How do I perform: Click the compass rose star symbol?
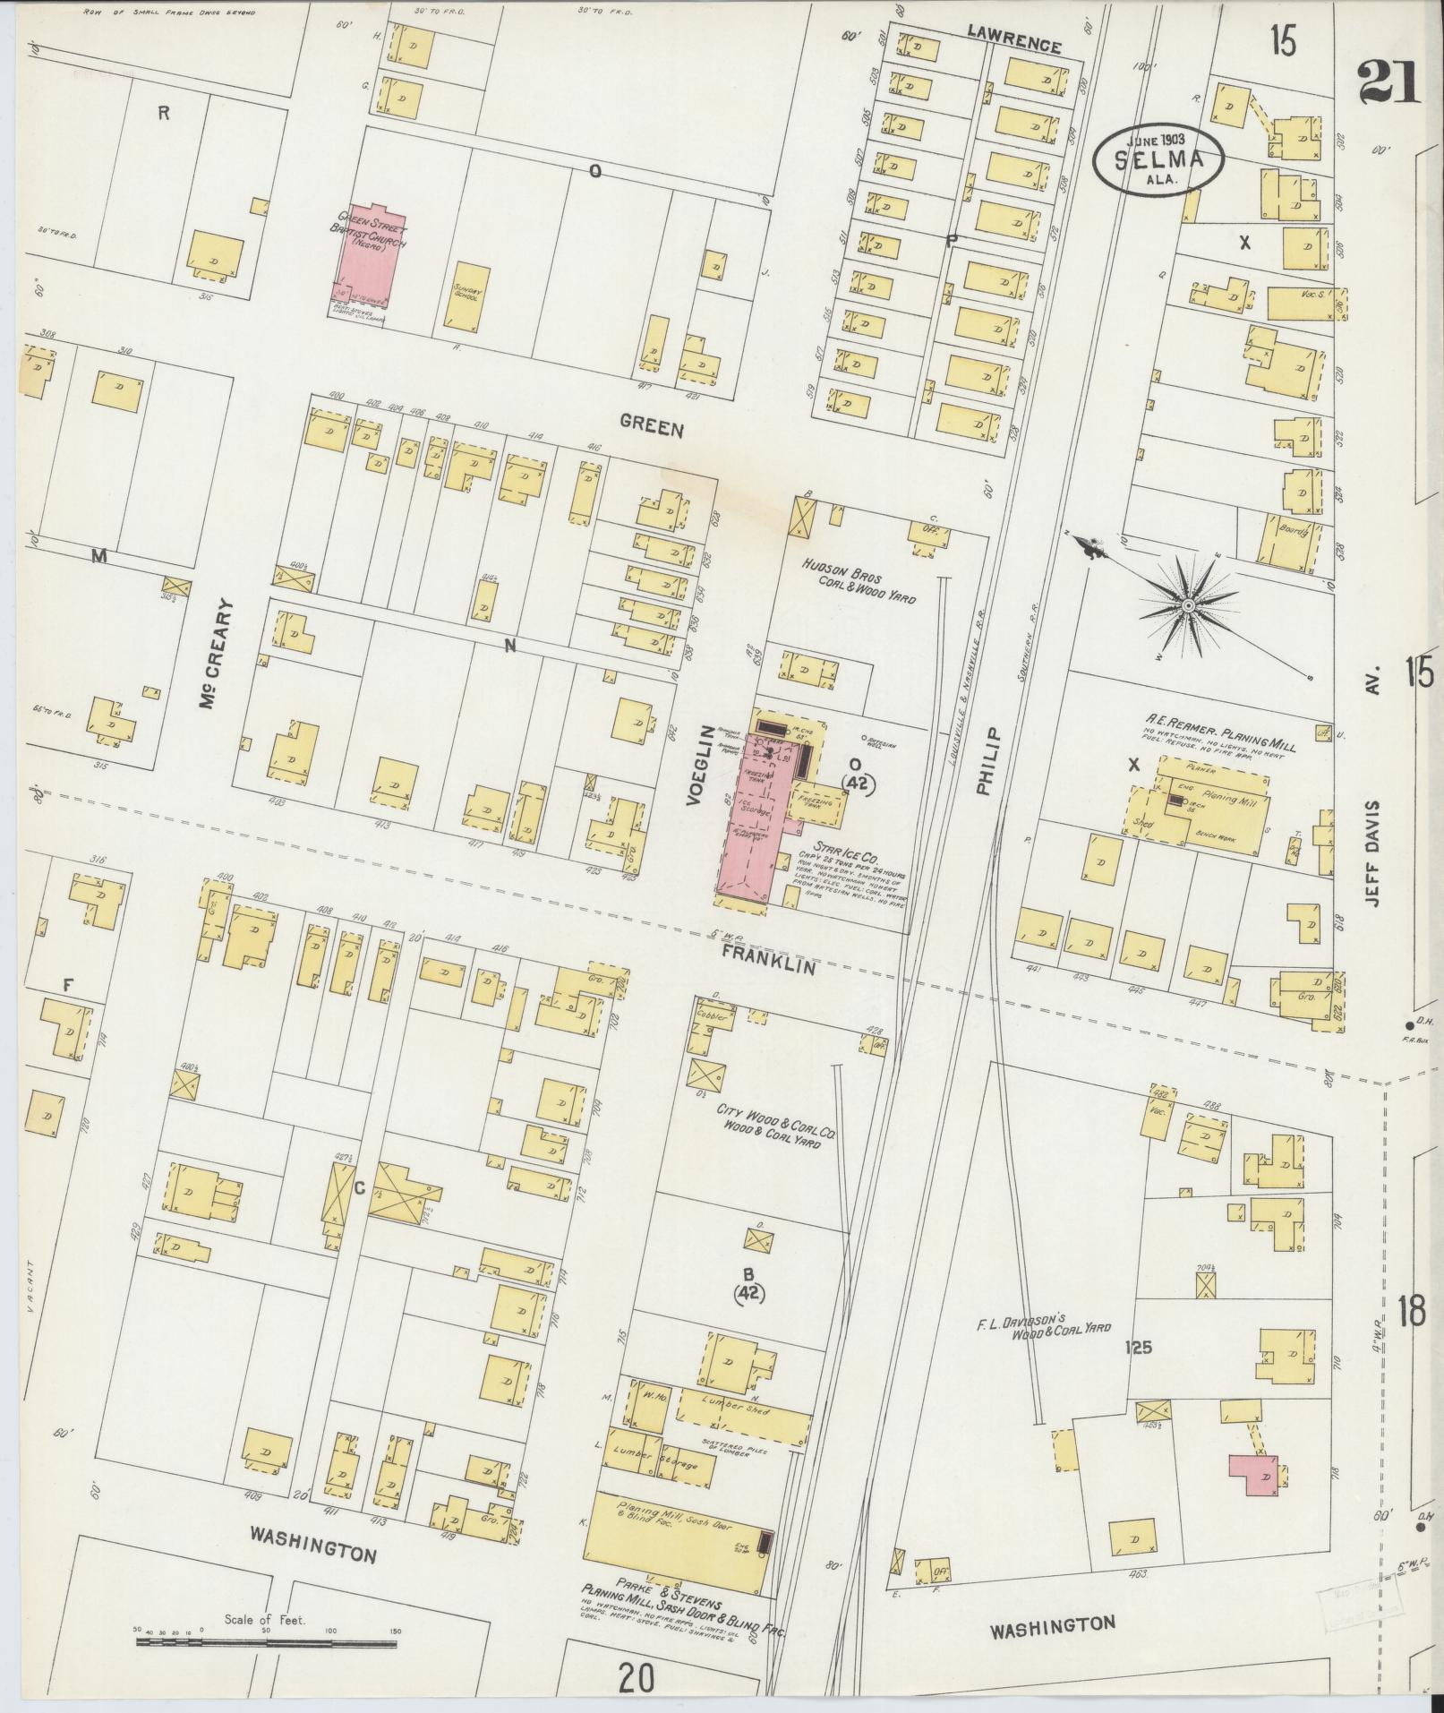[x=1187, y=606]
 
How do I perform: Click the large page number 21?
[x=1388, y=83]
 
